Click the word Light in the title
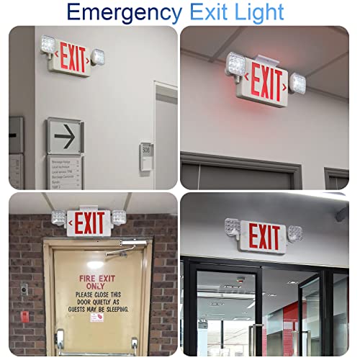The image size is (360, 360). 260,12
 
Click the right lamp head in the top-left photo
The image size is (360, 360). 97,55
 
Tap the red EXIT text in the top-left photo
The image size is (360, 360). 73,58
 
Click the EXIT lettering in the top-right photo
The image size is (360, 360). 266,84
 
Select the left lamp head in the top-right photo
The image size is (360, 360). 237,64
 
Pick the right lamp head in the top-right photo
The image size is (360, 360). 297,83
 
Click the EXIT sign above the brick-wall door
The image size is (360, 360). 90,222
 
